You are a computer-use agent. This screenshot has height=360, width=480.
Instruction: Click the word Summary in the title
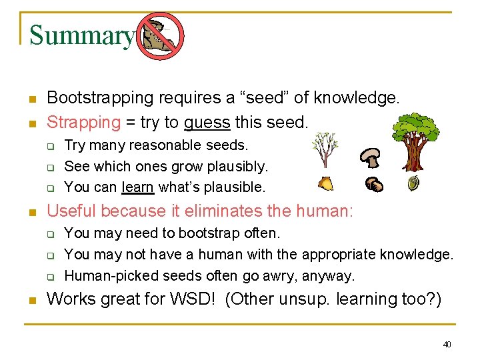pyautogui.click(x=81, y=35)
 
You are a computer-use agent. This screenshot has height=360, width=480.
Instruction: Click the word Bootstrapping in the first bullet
pyautogui.click(x=100, y=99)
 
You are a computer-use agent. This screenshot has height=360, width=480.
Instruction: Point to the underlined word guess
pyautogui.click(x=207, y=123)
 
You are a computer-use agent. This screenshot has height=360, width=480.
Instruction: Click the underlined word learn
pyautogui.click(x=137, y=187)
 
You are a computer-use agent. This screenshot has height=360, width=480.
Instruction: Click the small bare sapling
pyautogui.click(x=324, y=149)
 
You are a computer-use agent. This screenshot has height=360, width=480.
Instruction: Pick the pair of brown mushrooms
pyautogui.click(x=374, y=185)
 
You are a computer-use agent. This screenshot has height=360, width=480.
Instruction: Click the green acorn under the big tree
pyautogui.click(x=413, y=183)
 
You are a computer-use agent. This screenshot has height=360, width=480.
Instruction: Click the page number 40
pyautogui.click(x=447, y=344)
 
